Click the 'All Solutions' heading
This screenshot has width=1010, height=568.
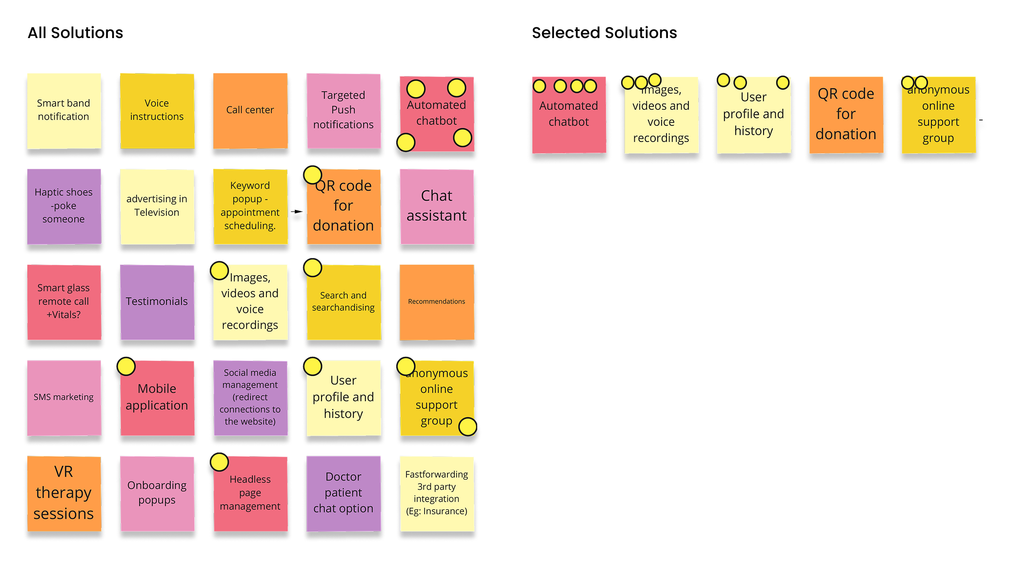click(75, 33)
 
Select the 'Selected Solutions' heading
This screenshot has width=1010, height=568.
click(604, 33)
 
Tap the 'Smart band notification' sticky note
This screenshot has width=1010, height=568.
click(64, 111)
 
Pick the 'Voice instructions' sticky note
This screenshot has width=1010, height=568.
click(157, 111)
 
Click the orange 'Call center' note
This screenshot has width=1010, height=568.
click(250, 111)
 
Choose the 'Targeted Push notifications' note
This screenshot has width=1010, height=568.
click(343, 111)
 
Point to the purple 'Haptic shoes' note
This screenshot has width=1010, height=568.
click(64, 206)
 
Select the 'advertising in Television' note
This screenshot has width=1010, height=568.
click(157, 206)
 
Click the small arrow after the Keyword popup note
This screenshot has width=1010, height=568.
click(297, 211)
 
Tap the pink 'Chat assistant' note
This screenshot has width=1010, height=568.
click(437, 206)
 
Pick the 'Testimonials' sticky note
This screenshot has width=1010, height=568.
click(157, 302)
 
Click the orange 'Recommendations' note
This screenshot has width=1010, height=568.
click(437, 302)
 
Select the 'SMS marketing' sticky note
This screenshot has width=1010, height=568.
click(64, 398)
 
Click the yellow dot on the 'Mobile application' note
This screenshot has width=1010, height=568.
click(126, 366)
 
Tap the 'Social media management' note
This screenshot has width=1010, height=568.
click(250, 398)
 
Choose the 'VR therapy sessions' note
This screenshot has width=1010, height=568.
click(64, 493)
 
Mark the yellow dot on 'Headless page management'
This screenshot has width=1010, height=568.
click(219, 462)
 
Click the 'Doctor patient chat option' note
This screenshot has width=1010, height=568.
click(343, 493)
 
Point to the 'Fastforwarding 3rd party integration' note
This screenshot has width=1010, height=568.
click(437, 493)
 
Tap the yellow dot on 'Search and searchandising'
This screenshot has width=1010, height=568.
click(312, 267)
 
